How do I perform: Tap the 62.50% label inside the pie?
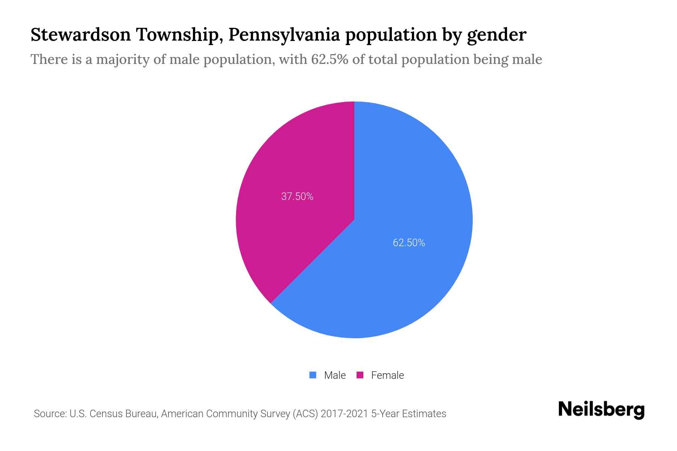pyautogui.click(x=409, y=243)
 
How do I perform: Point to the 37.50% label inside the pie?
pyautogui.click(x=297, y=197)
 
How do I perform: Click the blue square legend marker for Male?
pyautogui.click(x=313, y=375)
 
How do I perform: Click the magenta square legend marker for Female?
pyautogui.click(x=360, y=375)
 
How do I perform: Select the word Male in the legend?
pyautogui.click(x=335, y=375)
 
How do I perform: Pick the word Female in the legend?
pyautogui.click(x=387, y=375)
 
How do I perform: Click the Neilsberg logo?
pyautogui.click(x=601, y=410)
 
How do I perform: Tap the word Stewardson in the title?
pyautogui.click(x=80, y=35)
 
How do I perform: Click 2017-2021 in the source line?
pyautogui.click(x=344, y=414)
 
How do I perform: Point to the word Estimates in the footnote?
pyautogui.click(x=424, y=414)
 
